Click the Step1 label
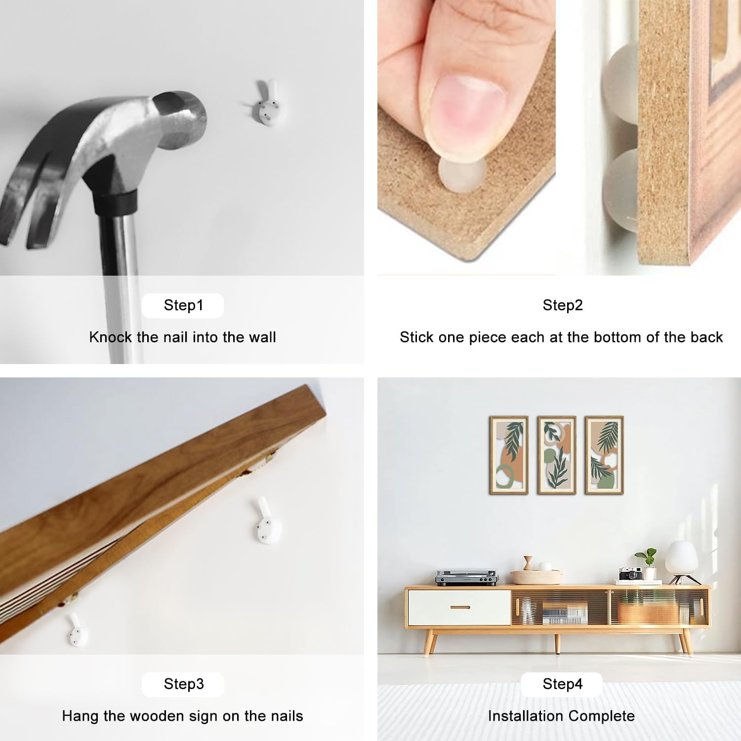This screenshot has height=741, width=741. (x=183, y=305)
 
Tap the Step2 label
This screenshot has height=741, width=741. (x=563, y=305)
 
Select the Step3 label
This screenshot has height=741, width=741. (x=184, y=684)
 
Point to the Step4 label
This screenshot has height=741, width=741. (x=563, y=684)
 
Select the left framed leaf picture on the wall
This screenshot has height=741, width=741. (x=509, y=455)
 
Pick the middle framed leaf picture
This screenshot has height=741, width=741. (x=557, y=455)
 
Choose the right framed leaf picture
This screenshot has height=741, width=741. (x=604, y=455)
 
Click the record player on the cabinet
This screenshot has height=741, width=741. (x=467, y=577)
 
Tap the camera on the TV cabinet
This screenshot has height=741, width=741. (x=630, y=573)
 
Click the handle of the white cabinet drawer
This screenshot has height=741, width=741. (x=460, y=607)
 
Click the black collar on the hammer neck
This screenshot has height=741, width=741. (x=115, y=202)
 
